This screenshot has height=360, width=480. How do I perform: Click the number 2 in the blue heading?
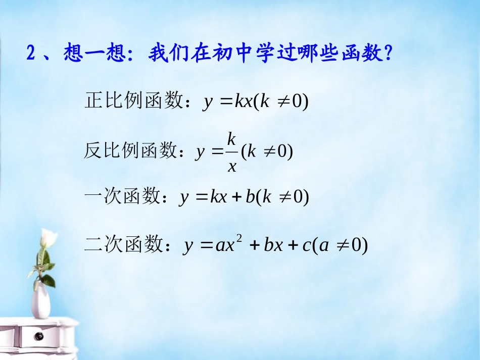[31, 53]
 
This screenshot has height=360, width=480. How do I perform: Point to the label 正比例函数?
[133, 101]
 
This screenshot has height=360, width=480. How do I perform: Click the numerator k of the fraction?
[232, 138]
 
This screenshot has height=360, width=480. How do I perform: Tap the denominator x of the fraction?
[232, 165]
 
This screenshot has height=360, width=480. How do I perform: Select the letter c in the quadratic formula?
[306, 246]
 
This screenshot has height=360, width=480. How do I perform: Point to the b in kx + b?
[250, 196]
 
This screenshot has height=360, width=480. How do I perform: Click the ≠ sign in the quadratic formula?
[342, 246]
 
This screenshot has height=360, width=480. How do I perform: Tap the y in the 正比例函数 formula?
[208, 102]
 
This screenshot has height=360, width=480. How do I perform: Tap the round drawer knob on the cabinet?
[38, 336]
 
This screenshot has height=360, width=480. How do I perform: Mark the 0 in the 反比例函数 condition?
[284, 151]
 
